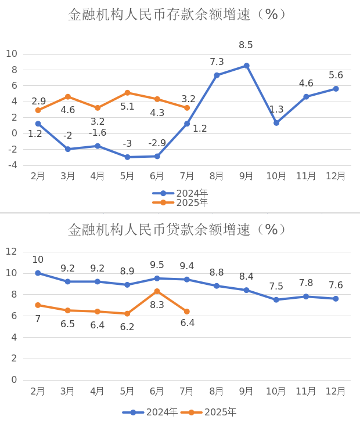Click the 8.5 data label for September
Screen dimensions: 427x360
click(246, 45)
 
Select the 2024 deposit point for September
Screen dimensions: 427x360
click(246, 66)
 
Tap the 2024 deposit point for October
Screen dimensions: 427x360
click(276, 123)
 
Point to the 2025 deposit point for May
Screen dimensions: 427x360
click(127, 93)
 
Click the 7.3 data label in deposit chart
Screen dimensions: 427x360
click(217, 62)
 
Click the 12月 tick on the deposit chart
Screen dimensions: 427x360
click(336, 176)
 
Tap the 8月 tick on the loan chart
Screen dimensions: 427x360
click(217, 391)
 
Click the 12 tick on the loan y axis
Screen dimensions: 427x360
click(11, 252)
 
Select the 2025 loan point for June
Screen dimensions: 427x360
click(157, 291)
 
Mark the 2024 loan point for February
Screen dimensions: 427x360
click(38, 273)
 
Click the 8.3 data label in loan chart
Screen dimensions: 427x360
click(157, 305)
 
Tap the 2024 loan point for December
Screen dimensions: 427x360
click(336, 299)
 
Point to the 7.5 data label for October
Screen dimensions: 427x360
click(276, 287)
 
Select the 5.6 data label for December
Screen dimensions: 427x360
click(336, 75)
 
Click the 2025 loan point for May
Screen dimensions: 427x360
click(127, 314)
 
